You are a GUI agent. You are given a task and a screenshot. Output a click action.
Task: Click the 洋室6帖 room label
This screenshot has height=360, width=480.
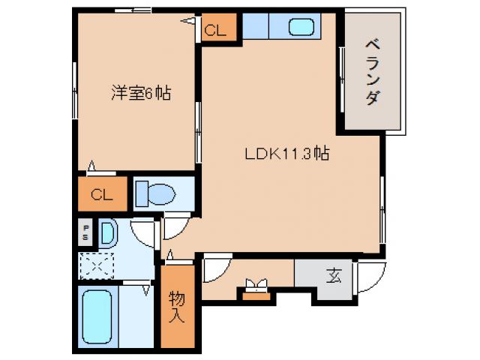[140, 94]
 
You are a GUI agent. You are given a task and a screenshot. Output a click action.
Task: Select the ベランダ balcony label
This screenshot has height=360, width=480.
[371, 73]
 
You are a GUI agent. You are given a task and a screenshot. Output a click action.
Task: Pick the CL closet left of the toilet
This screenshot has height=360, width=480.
[102, 195]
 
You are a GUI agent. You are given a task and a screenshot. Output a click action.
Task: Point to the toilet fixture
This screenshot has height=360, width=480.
[155, 194]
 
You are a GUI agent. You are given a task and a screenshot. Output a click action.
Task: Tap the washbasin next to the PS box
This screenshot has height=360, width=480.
[107, 233]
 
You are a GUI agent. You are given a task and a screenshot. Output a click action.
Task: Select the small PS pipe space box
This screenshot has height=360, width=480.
[86, 232]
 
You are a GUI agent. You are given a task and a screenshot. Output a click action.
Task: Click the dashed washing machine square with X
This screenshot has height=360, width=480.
[96, 265]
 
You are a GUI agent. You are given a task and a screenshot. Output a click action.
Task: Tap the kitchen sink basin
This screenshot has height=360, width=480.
[303, 28]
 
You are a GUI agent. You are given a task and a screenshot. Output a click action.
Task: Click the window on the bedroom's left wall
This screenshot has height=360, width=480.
[75, 90]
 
